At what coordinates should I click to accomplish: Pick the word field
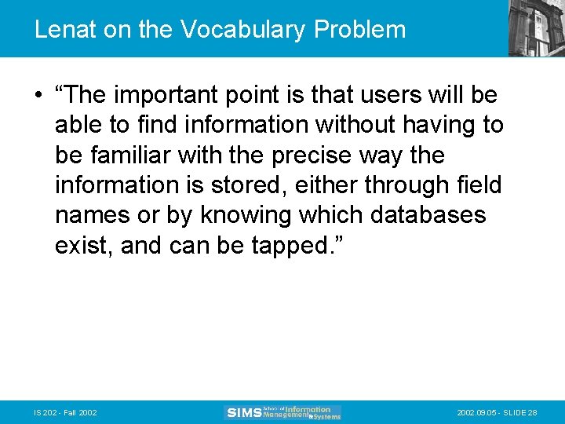point(480,185)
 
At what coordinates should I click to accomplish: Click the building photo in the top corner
point(536,28)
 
